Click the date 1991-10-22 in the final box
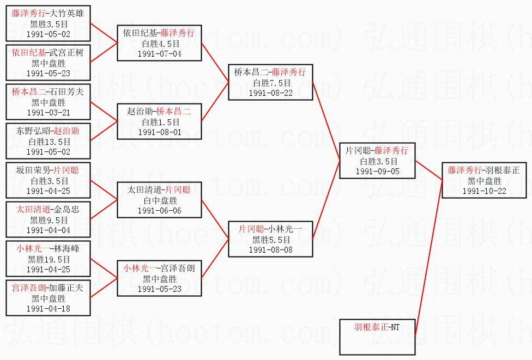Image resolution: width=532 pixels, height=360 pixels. click(484, 191)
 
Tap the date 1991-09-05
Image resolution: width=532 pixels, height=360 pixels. click(377, 172)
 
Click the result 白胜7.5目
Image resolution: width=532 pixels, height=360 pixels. click(270, 83)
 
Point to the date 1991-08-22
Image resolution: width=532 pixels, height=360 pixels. click(270, 93)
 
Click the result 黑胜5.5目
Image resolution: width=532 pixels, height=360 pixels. click(270, 239)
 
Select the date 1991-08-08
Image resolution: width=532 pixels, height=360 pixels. click(270, 249)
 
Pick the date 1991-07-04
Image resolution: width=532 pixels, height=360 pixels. click(159, 54)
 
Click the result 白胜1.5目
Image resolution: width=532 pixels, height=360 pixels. click(159, 122)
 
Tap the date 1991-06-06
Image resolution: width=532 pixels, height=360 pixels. click(159, 211)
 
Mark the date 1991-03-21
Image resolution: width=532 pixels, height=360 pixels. click(49, 112)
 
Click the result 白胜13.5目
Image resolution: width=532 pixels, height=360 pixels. click(49, 142)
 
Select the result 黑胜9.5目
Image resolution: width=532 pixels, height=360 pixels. click(49, 220)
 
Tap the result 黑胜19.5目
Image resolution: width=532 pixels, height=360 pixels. click(49, 259)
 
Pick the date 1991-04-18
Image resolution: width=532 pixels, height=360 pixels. click(49, 308)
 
